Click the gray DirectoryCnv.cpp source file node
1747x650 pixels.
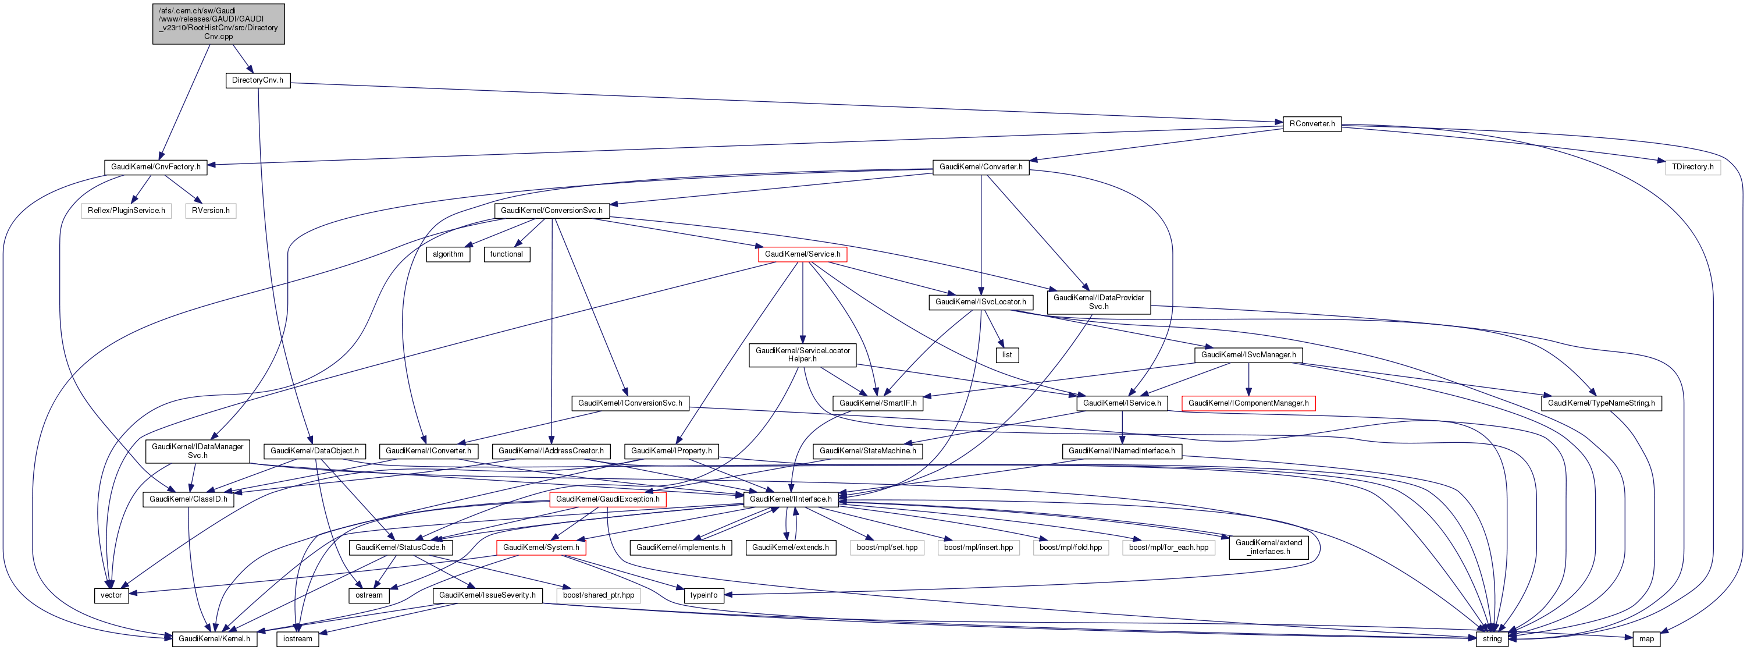[218, 24]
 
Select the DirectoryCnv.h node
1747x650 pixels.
[258, 80]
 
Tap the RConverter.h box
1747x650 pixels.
[1312, 124]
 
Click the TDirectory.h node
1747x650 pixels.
[1692, 167]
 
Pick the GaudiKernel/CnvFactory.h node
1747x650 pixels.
[156, 167]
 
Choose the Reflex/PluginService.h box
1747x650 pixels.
[126, 210]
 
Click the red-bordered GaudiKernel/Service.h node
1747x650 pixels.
[802, 254]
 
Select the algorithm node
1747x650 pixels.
[449, 254]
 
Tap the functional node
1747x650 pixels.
[507, 254]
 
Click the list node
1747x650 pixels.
[1007, 355]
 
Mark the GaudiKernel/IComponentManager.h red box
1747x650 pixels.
[1248, 403]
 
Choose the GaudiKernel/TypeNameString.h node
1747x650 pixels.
[1601, 403]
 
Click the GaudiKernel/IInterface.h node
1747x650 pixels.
[791, 499]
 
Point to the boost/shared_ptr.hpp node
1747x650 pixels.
[598, 595]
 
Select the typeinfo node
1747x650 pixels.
[703, 595]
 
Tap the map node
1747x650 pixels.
[1646, 638]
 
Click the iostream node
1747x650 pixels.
[298, 638]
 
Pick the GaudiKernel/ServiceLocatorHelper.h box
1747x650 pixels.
[802, 355]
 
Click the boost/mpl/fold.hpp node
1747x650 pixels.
[1070, 548]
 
